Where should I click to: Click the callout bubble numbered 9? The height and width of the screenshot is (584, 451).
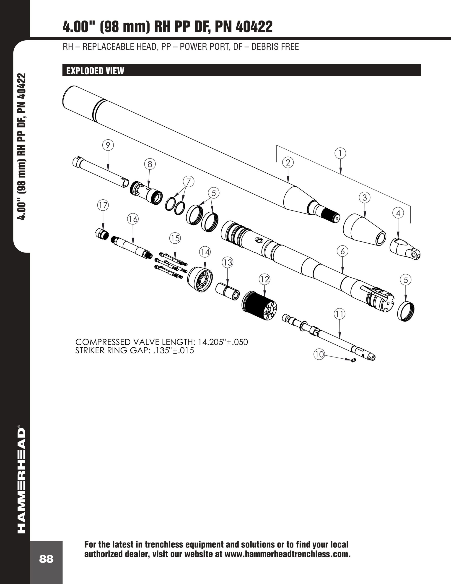coord(108,145)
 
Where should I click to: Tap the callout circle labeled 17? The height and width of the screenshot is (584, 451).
coord(103,205)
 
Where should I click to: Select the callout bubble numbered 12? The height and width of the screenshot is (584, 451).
coord(264,279)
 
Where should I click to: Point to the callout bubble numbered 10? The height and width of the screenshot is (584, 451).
coord(319,355)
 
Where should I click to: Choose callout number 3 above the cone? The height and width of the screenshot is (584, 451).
coord(365,198)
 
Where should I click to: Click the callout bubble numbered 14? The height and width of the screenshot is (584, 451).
coord(205,252)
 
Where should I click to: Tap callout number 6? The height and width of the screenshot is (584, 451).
coord(342,251)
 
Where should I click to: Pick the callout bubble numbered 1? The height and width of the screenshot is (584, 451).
coord(340,154)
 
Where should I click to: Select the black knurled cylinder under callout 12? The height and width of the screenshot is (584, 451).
coord(259,306)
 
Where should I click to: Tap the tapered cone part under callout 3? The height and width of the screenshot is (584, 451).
coord(364,229)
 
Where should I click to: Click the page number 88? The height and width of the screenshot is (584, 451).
coord(46,559)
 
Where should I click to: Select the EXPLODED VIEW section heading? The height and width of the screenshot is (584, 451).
coord(95,71)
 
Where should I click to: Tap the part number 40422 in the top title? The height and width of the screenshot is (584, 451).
coord(254,27)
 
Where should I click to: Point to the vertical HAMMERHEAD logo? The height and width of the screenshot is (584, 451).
coord(21,481)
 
